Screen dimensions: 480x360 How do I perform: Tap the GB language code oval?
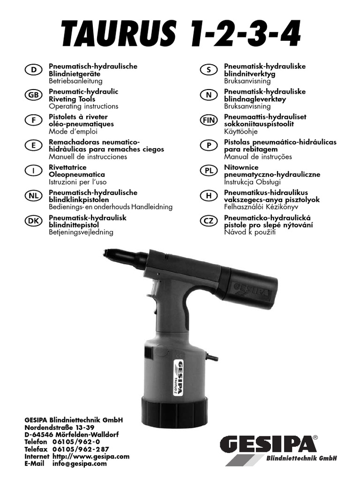(x=32, y=95)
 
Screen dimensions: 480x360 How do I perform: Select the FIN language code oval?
(x=208, y=120)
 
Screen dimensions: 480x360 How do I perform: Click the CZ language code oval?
(x=208, y=222)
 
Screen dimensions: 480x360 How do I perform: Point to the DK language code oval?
(x=32, y=222)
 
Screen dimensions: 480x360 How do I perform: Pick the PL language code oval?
(x=208, y=171)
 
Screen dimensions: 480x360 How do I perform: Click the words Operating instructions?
(x=83, y=106)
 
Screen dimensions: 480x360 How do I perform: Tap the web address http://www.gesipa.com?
(x=90, y=456)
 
